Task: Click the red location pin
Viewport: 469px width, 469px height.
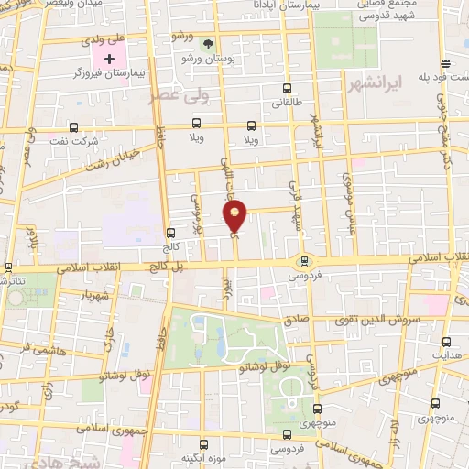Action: [x=235, y=216]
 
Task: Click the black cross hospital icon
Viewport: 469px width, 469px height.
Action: [x=107, y=59]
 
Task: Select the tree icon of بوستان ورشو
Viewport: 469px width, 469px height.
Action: [x=208, y=44]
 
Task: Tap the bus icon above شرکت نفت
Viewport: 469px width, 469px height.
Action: [x=73, y=127]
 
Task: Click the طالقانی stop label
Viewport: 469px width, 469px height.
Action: [x=288, y=104]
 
